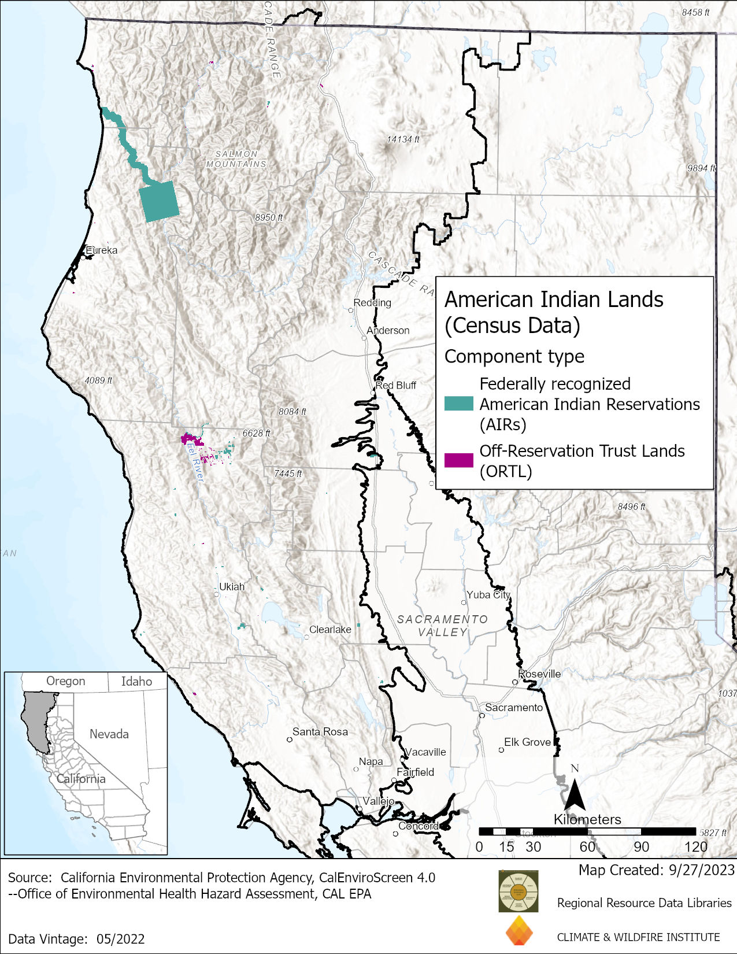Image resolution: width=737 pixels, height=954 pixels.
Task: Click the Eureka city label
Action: coord(101,250)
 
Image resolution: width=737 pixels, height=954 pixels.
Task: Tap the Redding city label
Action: coord(372,302)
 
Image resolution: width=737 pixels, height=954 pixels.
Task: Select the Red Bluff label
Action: coord(396,385)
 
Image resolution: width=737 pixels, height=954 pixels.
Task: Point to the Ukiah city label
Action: coord(232,586)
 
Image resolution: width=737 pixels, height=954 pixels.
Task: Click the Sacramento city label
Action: coord(514,707)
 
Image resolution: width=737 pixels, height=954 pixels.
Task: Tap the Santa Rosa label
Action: coord(320,731)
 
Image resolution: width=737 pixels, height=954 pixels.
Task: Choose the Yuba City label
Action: coord(488,594)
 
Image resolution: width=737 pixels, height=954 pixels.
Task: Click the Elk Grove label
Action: coord(527,742)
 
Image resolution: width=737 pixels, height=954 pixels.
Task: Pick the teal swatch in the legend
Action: coord(458,404)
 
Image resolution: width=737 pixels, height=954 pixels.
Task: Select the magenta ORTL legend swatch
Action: coord(458,460)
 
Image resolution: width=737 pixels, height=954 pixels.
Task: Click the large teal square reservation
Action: coord(159,201)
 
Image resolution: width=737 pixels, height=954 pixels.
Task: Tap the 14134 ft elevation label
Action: coord(403,139)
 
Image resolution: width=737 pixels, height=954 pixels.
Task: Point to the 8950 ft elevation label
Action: coord(269,217)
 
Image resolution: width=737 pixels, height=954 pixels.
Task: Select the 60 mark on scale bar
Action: coord(587,846)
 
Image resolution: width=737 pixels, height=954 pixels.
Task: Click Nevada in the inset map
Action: coord(109,734)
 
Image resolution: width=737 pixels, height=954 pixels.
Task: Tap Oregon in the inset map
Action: coord(65,681)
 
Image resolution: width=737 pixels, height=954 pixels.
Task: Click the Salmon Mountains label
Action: coord(236,159)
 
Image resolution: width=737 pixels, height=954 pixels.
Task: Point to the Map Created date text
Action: coord(656,870)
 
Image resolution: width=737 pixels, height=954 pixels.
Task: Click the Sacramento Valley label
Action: coord(442,626)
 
